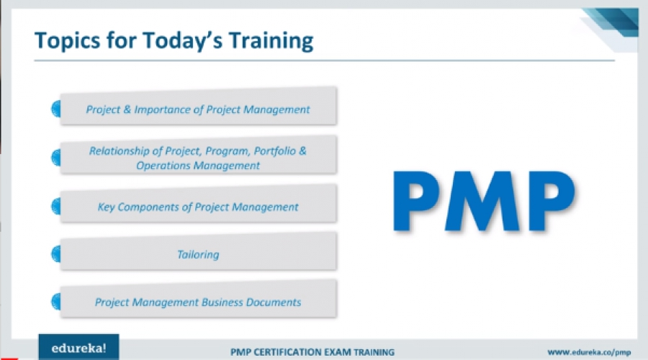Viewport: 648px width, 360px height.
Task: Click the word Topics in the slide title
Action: click(x=68, y=41)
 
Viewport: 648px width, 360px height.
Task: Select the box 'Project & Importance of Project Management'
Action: click(x=199, y=107)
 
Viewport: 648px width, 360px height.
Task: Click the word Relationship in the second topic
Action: click(x=119, y=151)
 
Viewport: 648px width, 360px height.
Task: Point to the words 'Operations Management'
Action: click(x=198, y=166)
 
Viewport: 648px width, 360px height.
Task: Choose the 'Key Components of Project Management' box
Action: click(x=199, y=204)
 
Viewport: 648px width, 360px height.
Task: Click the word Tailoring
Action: click(x=198, y=254)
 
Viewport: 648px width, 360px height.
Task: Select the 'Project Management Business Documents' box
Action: click(x=199, y=299)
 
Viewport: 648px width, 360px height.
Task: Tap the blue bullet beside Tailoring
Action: click(x=56, y=253)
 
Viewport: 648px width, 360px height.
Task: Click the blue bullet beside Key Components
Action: click(x=56, y=206)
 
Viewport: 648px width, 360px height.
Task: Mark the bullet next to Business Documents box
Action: click(x=56, y=301)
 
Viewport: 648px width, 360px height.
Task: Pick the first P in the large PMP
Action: click(x=415, y=202)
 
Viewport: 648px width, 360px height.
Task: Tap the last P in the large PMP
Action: click(x=552, y=202)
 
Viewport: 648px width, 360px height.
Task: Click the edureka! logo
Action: click(x=78, y=348)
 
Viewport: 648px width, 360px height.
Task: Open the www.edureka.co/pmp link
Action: click(x=589, y=352)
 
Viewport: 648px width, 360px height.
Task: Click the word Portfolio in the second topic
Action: click(x=274, y=151)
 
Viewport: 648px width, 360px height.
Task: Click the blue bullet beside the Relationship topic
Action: click(x=56, y=158)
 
